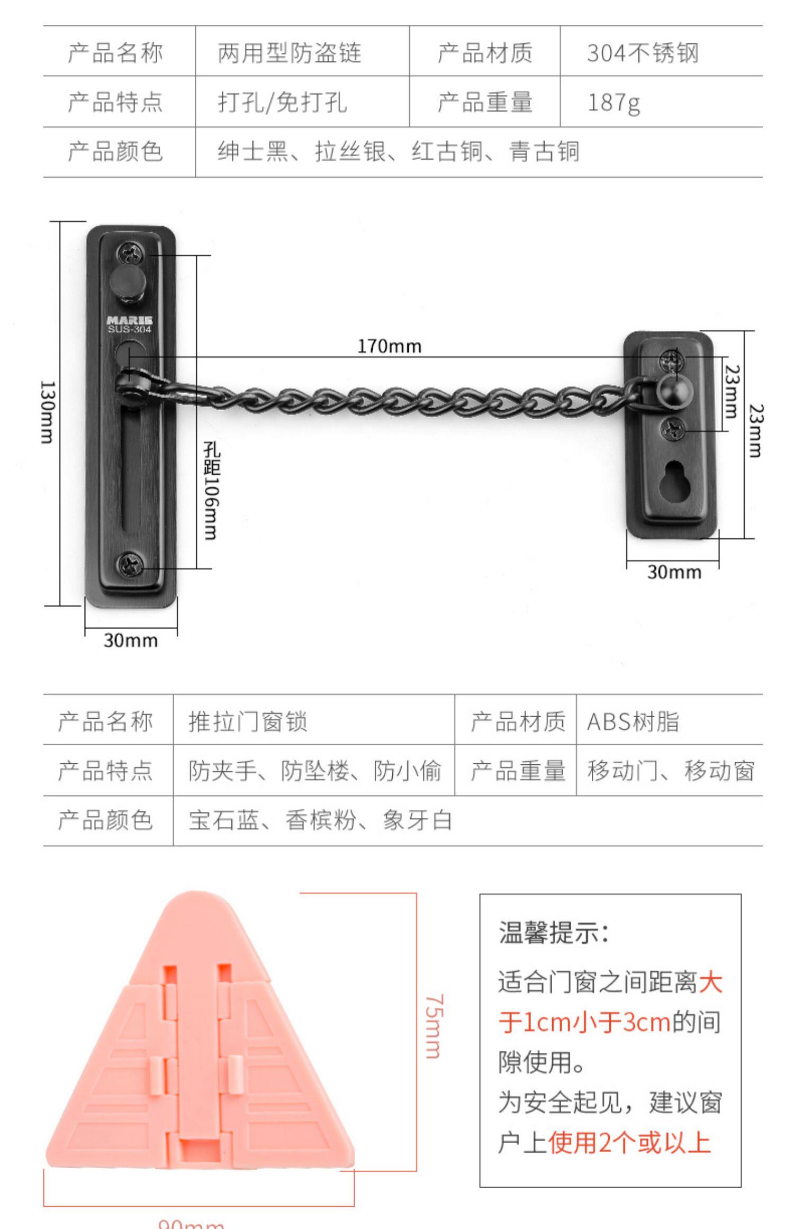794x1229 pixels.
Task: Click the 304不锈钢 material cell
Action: (x=643, y=53)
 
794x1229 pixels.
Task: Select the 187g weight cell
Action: (x=613, y=102)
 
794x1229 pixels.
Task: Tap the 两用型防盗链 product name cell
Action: (x=289, y=53)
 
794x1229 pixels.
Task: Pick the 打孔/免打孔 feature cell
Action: (x=282, y=102)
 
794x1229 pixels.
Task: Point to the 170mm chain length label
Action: (x=390, y=347)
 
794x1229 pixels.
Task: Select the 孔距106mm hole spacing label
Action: (x=212, y=491)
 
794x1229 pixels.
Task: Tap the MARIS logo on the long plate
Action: (x=130, y=320)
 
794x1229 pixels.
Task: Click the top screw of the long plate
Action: (x=130, y=254)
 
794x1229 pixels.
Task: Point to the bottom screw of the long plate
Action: (x=130, y=564)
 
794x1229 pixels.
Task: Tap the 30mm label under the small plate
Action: (x=674, y=572)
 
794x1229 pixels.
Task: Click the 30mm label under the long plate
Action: (x=131, y=640)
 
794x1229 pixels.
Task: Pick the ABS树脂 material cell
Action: (x=633, y=721)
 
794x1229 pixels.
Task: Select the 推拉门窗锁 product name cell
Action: (x=248, y=721)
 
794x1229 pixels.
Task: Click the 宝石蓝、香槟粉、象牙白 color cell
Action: (x=320, y=820)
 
